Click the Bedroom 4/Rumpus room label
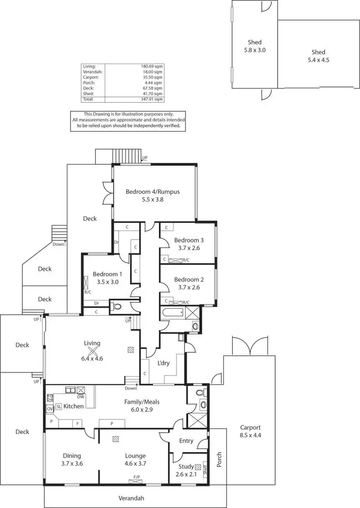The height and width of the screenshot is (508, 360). [x=153, y=192]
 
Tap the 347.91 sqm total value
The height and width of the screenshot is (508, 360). [x=152, y=99]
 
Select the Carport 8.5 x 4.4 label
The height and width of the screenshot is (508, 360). [x=250, y=431]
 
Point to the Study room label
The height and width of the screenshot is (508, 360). [x=186, y=466]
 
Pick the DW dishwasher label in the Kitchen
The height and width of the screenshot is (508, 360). [x=80, y=397]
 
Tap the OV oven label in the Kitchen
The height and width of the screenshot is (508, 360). [x=49, y=409]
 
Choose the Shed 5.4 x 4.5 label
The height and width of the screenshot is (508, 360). [x=318, y=56]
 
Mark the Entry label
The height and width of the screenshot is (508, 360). [x=186, y=441]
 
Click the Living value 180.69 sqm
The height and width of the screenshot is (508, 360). [x=152, y=66]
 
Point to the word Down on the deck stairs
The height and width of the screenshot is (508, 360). [x=59, y=244]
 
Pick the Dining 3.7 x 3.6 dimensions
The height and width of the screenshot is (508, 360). [x=72, y=463]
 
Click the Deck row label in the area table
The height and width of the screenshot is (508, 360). [x=87, y=88]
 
